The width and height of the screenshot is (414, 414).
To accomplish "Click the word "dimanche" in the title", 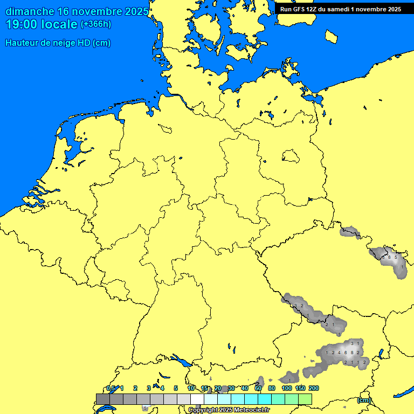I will click(29, 11).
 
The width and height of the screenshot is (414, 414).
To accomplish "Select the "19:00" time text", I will click(24, 24).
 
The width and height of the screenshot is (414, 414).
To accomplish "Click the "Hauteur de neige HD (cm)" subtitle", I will click(58, 43).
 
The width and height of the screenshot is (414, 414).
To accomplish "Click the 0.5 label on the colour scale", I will click(110, 388).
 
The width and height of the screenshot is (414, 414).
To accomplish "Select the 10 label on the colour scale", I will click(191, 388).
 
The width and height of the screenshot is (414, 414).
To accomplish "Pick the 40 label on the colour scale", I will click(245, 388).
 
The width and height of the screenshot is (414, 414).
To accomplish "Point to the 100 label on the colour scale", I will click(287, 388).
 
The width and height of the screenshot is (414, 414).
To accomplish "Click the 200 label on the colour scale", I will click(313, 388).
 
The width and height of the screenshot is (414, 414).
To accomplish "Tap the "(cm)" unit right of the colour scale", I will click(364, 400).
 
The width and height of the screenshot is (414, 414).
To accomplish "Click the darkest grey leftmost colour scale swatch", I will click(102, 399).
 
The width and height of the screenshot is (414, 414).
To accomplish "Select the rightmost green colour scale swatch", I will click(305, 399).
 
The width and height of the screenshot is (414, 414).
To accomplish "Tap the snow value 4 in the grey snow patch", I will click(339, 353).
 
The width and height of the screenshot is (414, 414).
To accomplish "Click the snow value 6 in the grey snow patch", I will click(346, 353).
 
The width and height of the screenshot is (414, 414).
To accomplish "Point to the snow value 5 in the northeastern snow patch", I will click(396, 257).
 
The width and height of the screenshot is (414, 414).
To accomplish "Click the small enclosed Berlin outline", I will click(291, 156).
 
